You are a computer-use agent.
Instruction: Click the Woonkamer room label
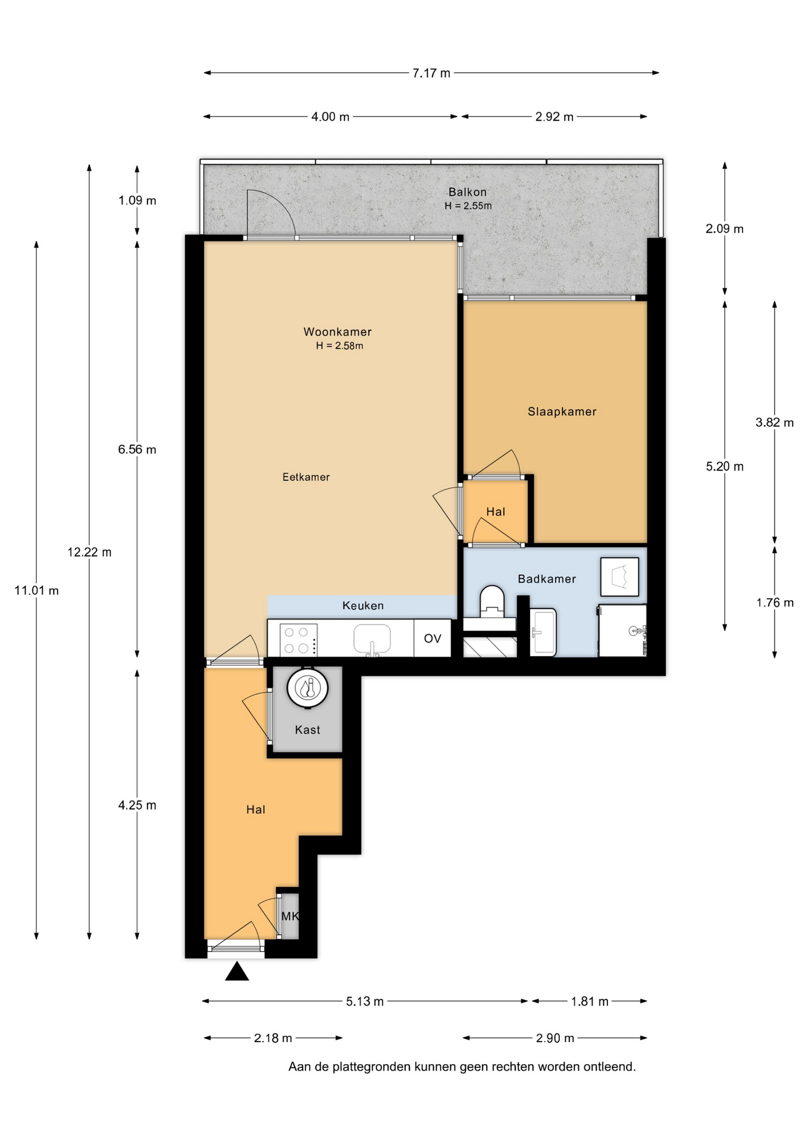(337, 332)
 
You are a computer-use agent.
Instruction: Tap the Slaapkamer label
(562, 412)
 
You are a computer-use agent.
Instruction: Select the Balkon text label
(468, 192)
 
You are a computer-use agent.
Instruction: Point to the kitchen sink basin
(372, 639)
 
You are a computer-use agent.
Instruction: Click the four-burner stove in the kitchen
(298, 640)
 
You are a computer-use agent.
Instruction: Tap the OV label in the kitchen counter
(433, 639)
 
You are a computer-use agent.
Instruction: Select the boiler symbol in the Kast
(308, 688)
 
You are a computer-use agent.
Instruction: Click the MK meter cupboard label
(290, 917)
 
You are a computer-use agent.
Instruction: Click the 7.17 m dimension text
(431, 73)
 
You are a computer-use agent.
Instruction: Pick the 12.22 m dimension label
(89, 552)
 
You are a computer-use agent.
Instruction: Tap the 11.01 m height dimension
(36, 591)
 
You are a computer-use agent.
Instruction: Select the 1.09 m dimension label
(137, 200)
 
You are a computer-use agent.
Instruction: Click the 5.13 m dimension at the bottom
(365, 1002)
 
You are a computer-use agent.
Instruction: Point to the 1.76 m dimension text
(775, 603)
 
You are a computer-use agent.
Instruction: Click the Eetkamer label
(306, 477)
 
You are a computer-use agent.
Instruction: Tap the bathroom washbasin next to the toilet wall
(543, 632)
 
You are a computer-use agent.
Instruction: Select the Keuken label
(363, 606)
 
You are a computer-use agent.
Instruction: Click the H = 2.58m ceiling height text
(339, 346)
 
